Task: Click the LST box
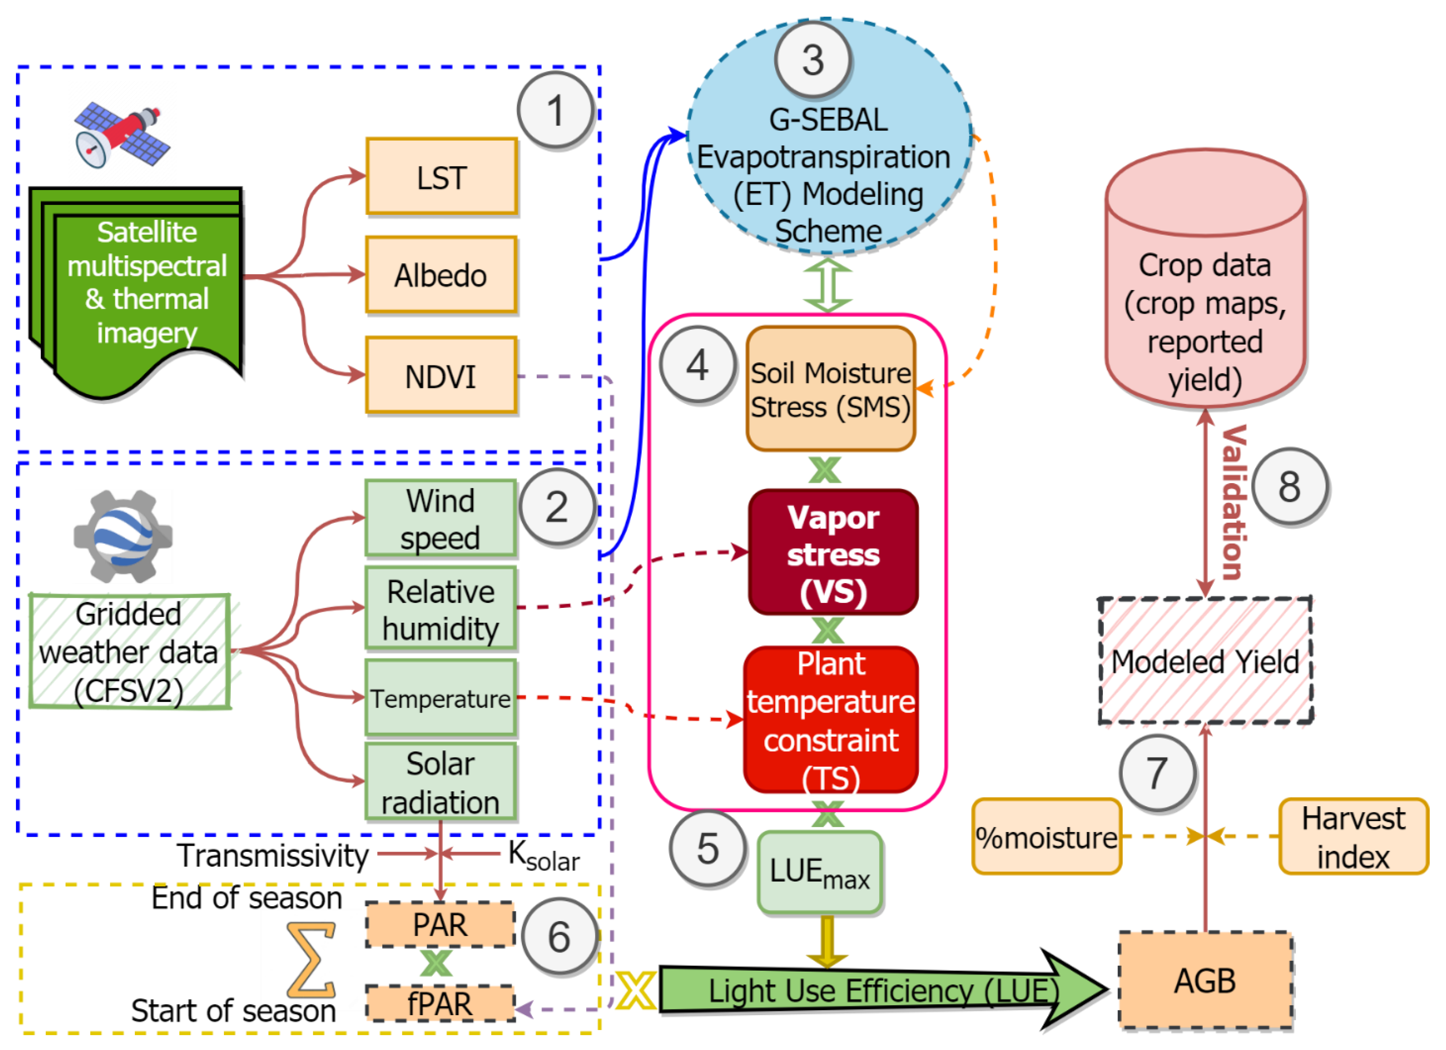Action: pyautogui.click(x=441, y=177)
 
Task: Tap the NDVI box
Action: pyautogui.click(x=441, y=376)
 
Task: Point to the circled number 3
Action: pyautogui.click(x=813, y=61)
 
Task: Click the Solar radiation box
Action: pyautogui.click(x=440, y=782)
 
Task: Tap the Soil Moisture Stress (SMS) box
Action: pyautogui.click(x=831, y=389)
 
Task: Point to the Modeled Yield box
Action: pyautogui.click(x=1205, y=662)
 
